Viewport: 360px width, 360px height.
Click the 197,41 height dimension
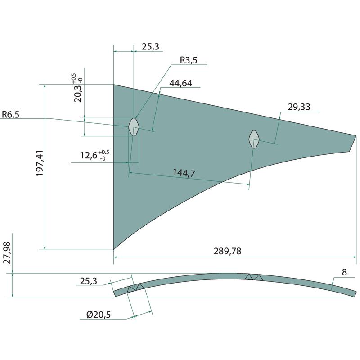(40, 163)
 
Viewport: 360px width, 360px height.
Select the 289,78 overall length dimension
(228, 251)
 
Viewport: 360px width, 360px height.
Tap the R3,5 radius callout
(189, 60)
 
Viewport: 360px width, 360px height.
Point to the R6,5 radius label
(10, 114)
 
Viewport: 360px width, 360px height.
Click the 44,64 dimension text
(181, 83)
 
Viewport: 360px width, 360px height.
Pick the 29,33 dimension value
(299, 107)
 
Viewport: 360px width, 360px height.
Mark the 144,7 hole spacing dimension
(184, 173)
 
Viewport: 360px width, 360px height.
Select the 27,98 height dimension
(7, 252)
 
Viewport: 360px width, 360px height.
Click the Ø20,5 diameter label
(99, 314)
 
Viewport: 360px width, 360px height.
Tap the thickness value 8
(344, 272)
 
